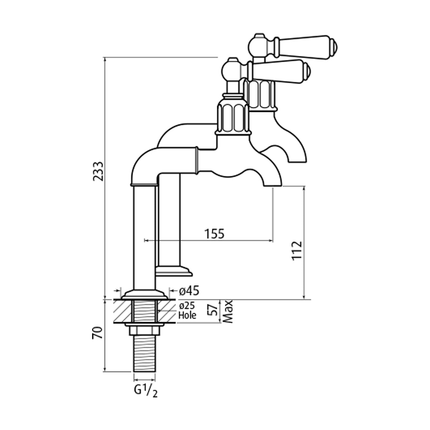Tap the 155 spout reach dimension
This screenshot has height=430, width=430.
coord(214,234)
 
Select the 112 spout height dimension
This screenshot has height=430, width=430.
coord(297,250)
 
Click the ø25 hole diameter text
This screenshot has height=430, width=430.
coord(187,306)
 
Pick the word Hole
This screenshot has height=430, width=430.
coord(187,316)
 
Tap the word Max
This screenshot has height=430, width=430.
coord(228,311)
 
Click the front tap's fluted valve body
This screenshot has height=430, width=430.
coord(232,116)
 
